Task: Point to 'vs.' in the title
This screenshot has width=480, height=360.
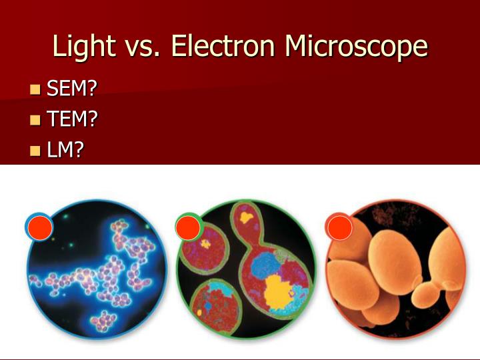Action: click(x=143, y=47)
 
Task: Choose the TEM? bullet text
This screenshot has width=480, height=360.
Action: click(x=72, y=119)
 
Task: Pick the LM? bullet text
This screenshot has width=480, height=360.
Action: click(x=65, y=150)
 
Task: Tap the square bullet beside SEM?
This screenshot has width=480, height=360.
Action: click(x=35, y=89)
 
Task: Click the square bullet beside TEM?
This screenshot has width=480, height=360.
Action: click(x=35, y=120)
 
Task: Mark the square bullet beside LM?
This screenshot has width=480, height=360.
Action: click(x=35, y=151)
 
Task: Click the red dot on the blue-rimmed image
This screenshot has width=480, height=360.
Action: click(x=39, y=228)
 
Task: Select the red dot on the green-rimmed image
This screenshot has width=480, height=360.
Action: click(x=188, y=228)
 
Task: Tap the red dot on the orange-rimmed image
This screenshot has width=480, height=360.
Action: click(x=339, y=228)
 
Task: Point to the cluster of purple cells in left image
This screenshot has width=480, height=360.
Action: click(x=100, y=270)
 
